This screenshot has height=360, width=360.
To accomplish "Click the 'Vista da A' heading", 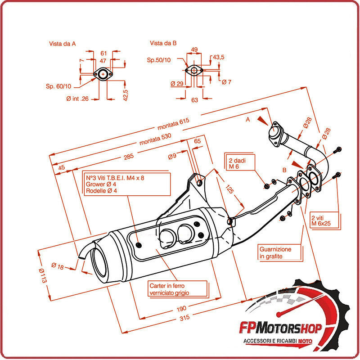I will pos(62,44).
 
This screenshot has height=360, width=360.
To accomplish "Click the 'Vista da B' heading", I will pos(163,43).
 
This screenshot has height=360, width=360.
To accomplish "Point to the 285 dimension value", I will pos(129,157).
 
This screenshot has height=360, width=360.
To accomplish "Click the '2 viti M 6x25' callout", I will pos(320,220).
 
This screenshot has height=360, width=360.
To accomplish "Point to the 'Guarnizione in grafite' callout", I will pos(275,252).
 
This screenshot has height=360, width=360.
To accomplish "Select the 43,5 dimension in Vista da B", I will pos(218,57).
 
